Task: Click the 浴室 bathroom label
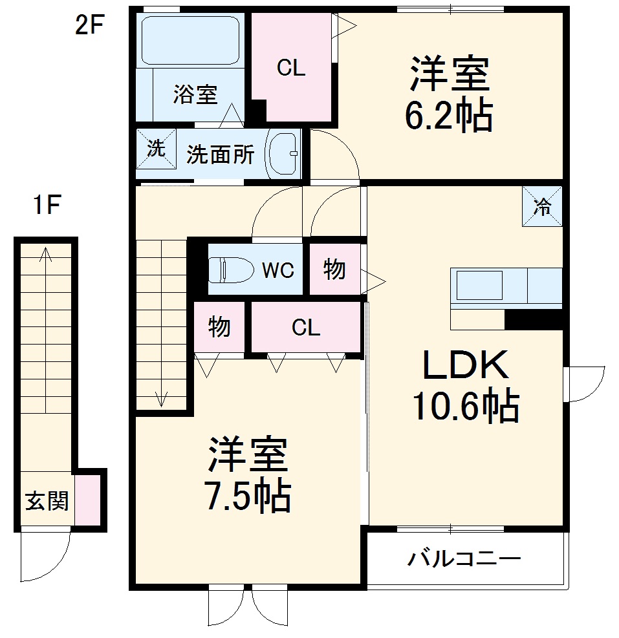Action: [x=195, y=95]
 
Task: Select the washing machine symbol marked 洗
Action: [x=156, y=149]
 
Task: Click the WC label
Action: [x=277, y=270]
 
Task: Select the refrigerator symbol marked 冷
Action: [x=542, y=207]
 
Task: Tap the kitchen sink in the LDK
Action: [x=479, y=285]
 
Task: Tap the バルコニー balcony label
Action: [x=464, y=558]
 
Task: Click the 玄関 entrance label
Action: [x=47, y=501]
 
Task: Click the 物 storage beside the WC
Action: [x=334, y=269]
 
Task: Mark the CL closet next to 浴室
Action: [x=291, y=67]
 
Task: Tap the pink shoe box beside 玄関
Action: [x=87, y=500]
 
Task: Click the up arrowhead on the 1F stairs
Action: [x=45, y=253]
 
